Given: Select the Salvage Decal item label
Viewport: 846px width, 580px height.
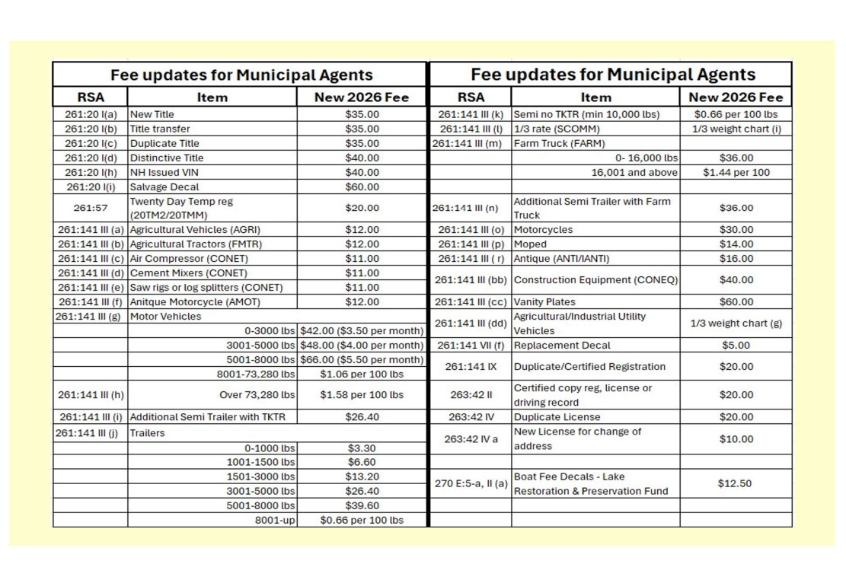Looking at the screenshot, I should [164, 186].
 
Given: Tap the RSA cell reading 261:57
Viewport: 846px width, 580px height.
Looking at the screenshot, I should [91, 208].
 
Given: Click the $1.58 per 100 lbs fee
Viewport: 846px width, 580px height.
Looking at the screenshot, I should [362, 395].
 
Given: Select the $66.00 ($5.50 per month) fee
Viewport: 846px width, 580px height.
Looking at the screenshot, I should [362, 360].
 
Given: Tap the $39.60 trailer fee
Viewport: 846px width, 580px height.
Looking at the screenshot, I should [362, 505].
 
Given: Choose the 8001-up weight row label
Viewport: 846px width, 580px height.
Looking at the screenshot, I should [275, 521].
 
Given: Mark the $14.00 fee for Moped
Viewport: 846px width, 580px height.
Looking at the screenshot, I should [736, 244].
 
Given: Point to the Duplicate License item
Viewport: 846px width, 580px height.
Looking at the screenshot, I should [557, 417].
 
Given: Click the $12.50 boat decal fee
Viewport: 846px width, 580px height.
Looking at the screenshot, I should [736, 483].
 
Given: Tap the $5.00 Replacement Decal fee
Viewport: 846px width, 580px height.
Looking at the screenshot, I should [736, 346].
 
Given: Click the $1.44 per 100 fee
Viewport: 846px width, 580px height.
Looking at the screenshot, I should [736, 172].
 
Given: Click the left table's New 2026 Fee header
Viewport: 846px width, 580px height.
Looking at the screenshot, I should [362, 97].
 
